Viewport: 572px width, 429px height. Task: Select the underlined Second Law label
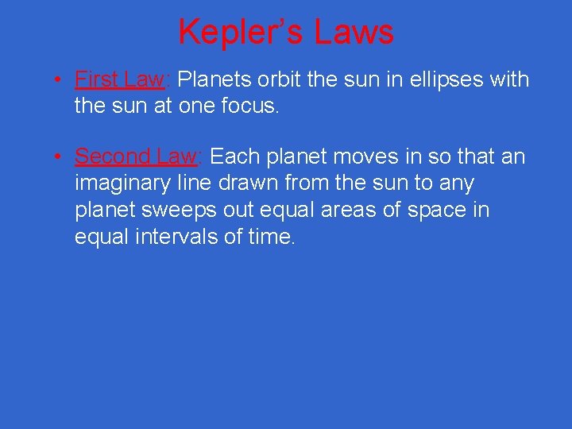136,157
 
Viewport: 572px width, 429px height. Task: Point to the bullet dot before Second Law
59,157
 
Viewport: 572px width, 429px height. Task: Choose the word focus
252,106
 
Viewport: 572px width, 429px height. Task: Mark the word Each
235,157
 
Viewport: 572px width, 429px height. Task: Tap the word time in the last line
269,237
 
